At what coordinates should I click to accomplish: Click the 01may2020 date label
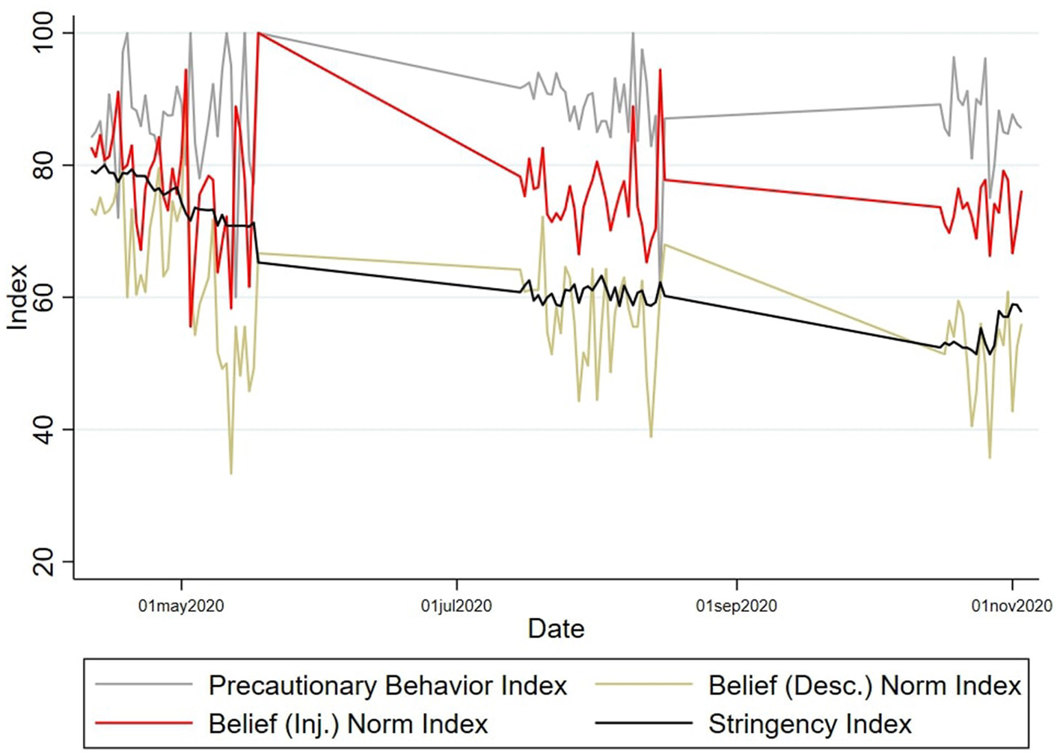click(x=181, y=606)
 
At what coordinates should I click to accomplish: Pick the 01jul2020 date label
click(x=456, y=606)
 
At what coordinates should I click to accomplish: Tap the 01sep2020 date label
click(x=736, y=606)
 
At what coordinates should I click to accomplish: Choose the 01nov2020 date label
click(x=1011, y=606)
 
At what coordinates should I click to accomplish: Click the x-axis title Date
click(x=556, y=629)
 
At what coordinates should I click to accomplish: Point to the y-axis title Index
click(x=18, y=297)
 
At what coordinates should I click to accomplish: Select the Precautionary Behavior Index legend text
click(x=387, y=686)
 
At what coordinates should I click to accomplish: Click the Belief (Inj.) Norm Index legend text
click(x=348, y=724)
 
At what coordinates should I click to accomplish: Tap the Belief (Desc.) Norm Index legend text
click(x=864, y=686)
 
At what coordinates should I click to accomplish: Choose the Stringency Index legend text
click(x=810, y=724)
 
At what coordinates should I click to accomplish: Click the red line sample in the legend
click(x=144, y=723)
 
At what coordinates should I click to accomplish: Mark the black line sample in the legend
click(x=643, y=723)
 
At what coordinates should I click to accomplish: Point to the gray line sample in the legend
click(x=144, y=684)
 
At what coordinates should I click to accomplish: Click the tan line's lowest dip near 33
click(x=231, y=473)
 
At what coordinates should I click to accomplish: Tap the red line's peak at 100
click(x=258, y=33)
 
